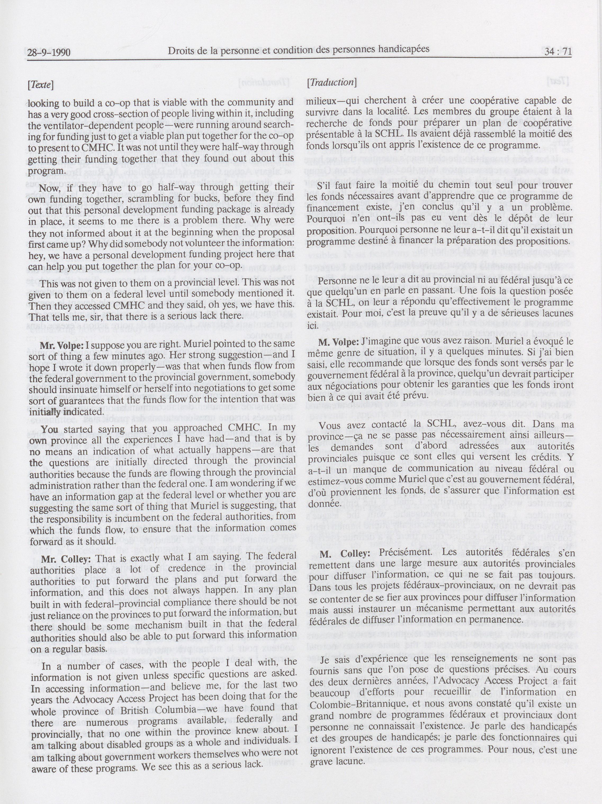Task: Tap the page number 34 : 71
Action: click(558, 52)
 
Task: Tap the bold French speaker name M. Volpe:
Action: click(339, 342)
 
